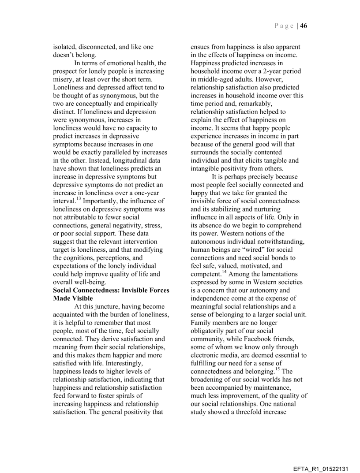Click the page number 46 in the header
coord(304,26)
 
